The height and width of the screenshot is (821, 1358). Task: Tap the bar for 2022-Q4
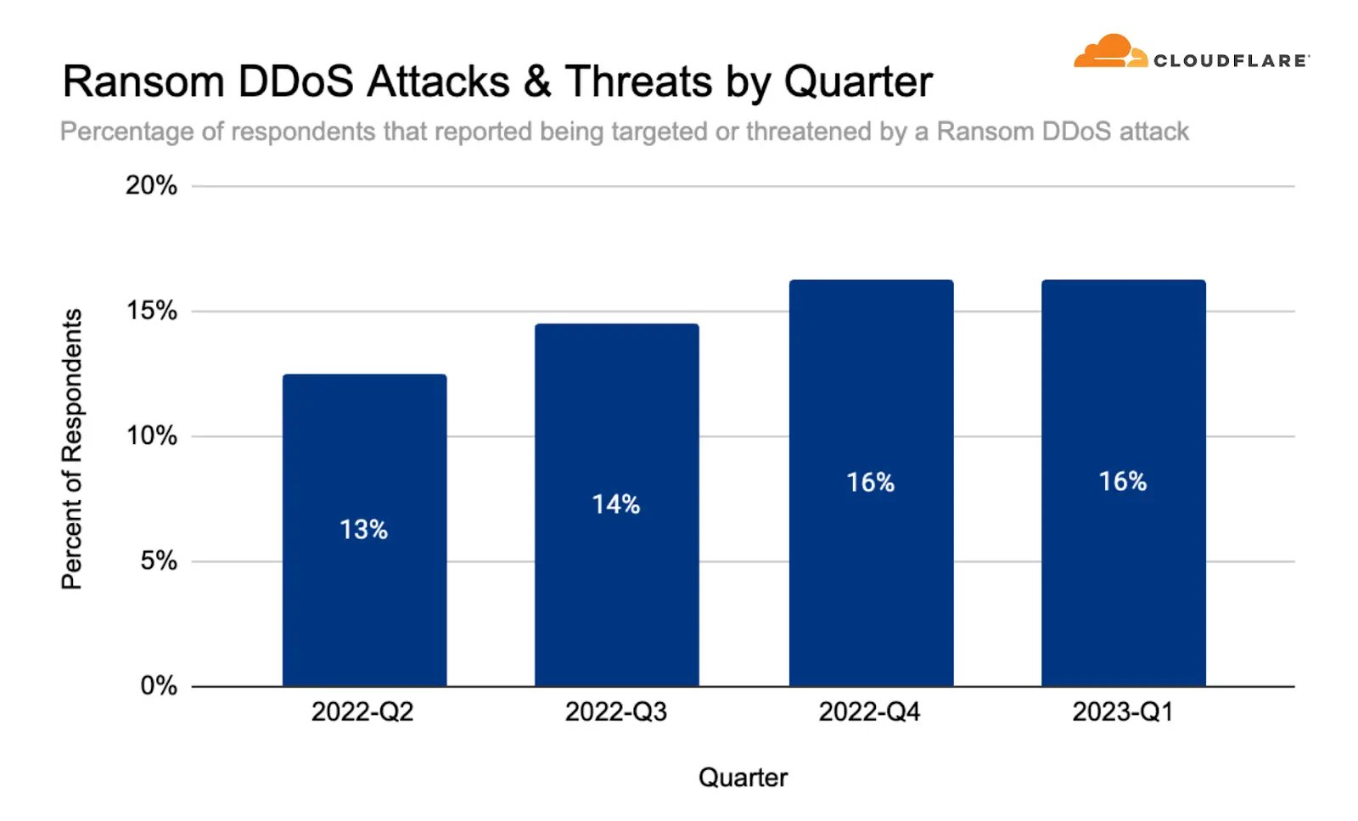click(x=871, y=577)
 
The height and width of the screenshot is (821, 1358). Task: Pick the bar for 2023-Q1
click(x=1123, y=577)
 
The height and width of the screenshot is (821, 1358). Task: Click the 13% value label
click(x=363, y=530)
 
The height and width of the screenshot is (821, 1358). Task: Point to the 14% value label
click(x=615, y=504)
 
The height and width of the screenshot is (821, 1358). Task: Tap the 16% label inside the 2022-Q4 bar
click(x=870, y=482)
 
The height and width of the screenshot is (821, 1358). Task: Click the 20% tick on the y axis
click(x=151, y=185)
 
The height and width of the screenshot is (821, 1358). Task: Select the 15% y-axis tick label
click(x=151, y=311)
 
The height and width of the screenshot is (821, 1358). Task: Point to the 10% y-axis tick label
click(x=151, y=436)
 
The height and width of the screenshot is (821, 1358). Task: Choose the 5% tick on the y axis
click(x=158, y=560)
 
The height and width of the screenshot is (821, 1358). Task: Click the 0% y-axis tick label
click(x=158, y=685)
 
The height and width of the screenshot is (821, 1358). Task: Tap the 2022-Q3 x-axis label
click(x=616, y=711)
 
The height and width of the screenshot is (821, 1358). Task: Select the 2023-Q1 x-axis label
click(x=1123, y=711)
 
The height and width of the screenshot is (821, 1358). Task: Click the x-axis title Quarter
click(x=743, y=777)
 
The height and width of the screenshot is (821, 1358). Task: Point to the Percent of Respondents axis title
click(x=72, y=448)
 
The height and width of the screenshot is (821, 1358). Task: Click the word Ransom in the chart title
click(x=143, y=82)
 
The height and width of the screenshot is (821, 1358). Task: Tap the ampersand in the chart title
click(x=537, y=82)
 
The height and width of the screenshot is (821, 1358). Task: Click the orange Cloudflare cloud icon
click(x=1108, y=52)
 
